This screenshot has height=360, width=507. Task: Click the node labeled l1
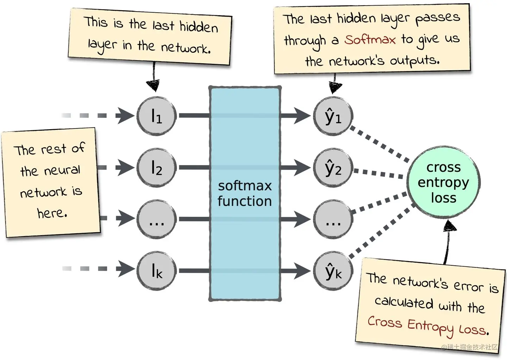157,116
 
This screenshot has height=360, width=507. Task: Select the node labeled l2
157,168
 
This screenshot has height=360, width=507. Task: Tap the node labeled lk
157,271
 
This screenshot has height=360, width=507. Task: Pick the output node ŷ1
333,116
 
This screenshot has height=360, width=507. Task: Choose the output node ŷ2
333,168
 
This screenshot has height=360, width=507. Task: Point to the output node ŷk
333,271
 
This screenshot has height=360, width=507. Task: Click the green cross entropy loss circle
444,182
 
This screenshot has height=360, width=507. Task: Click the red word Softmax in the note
370,39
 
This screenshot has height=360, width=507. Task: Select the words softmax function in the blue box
245,194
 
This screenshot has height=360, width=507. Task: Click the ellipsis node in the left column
157,219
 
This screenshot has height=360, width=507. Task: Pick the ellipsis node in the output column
333,219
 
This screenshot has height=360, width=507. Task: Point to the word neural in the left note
62,170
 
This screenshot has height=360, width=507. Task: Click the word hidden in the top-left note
199,27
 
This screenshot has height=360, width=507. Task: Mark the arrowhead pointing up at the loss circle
450,226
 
